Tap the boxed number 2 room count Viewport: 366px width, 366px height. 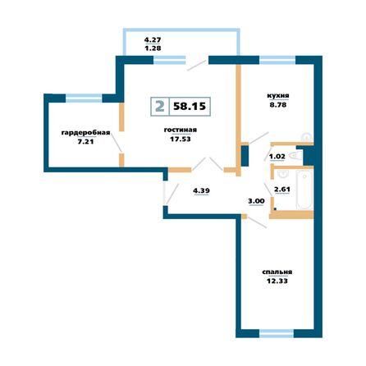(158, 107)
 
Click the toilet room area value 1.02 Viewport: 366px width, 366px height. (277, 155)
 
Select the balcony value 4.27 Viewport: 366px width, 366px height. (152, 39)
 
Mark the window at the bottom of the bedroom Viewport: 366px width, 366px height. (280, 332)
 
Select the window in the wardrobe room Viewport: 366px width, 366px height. (82, 98)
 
